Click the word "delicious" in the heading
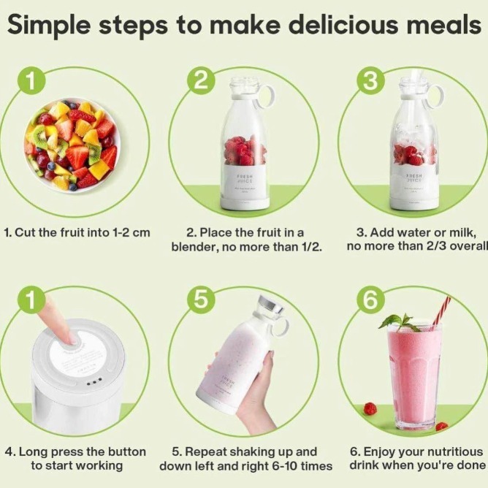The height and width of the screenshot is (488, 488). [x=346, y=25]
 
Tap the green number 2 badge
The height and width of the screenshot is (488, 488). [x=201, y=81]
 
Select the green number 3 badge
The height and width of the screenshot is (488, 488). [x=370, y=81]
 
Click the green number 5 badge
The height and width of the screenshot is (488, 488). [x=201, y=300]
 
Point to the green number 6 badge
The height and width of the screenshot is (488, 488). [x=370, y=300]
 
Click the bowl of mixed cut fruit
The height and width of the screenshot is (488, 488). [x=72, y=145]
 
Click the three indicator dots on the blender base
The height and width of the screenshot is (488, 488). [x=94, y=382]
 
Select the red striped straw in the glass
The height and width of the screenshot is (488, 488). [x=441, y=312]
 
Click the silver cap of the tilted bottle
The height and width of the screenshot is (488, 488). [x=271, y=304]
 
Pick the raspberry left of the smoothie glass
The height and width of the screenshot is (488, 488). [x=370, y=409]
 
